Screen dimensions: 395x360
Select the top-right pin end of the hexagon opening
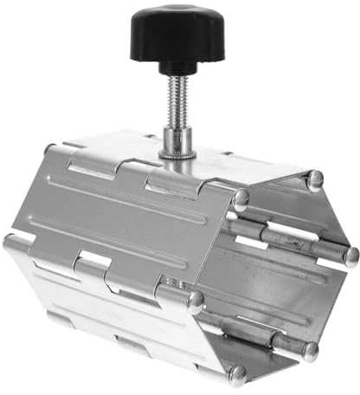(x=317, y=179)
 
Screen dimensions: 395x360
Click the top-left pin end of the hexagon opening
(x=241, y=197)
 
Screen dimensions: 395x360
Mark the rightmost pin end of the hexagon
(x=350, y=256)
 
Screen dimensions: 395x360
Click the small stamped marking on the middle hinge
(x=170, y=282)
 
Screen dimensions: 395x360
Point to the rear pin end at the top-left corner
(x=50, y=149)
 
